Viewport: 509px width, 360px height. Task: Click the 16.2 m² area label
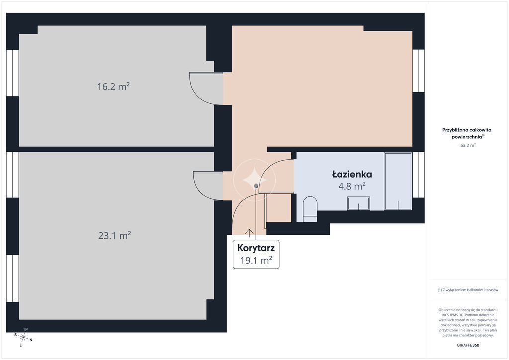[114, 87]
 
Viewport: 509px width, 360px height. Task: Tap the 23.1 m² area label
[115, 235]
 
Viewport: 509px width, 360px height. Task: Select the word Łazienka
[352, 174]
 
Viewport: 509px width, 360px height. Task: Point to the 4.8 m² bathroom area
[352, 186]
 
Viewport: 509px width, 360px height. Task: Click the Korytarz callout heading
[256, 248]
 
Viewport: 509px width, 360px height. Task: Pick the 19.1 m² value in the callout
[256, 260]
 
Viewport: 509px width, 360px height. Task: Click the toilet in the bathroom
[310, 209]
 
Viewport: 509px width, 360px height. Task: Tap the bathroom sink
[359, 203]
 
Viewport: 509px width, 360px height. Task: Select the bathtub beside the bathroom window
[398, 181]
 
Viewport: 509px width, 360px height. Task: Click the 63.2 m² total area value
[468, 145]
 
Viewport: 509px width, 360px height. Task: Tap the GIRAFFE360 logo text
[468, 345]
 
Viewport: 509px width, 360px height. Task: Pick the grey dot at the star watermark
[256, 186]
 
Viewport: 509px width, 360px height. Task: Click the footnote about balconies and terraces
[468, 290]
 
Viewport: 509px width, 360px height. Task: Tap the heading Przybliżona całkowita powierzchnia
[467, 133]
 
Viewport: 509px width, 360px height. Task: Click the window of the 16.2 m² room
[12, 73]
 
